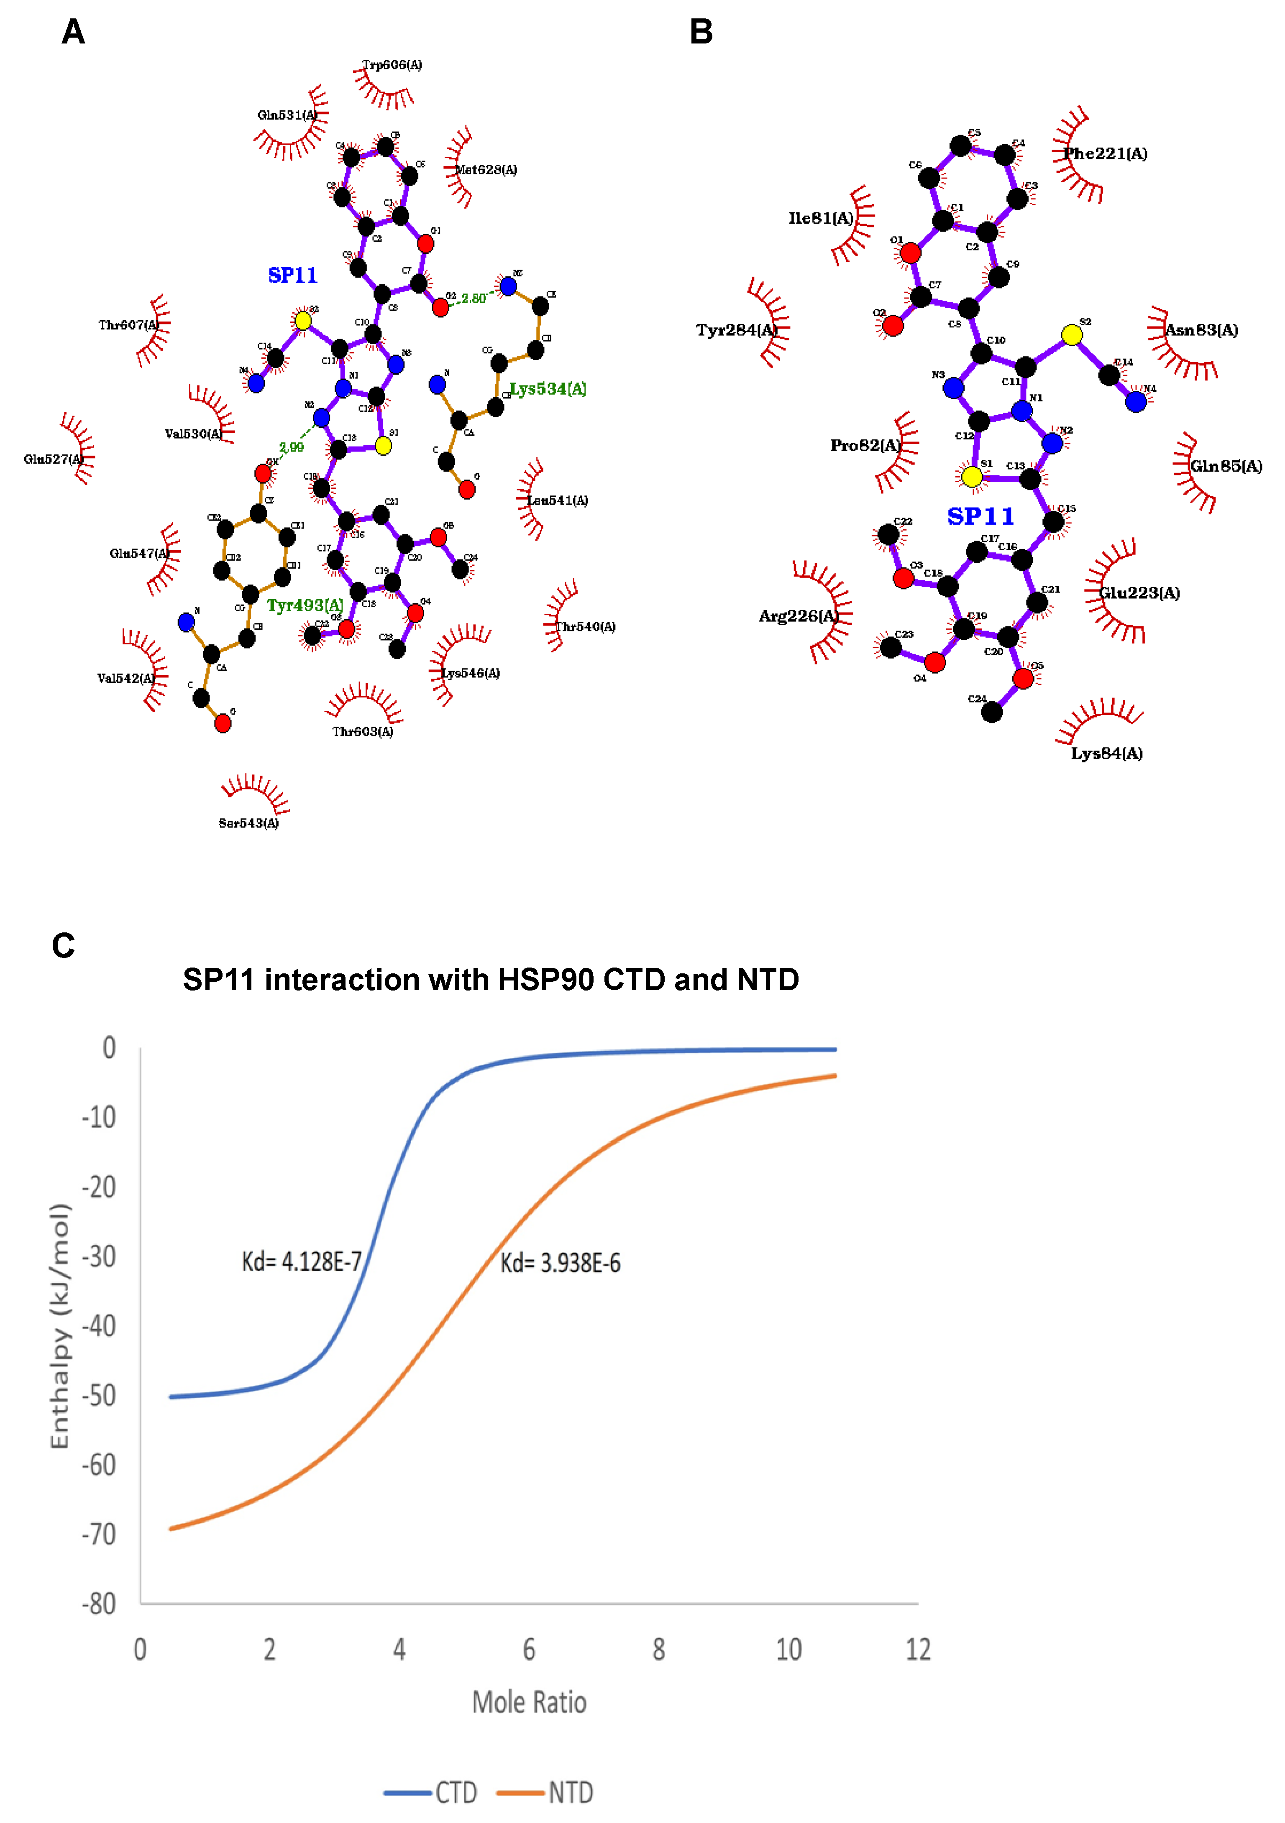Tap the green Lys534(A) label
548,389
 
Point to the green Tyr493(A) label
305,606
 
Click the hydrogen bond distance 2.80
474,299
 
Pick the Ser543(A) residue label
248,823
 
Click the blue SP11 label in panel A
292,276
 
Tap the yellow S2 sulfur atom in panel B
1071,335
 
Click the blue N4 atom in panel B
1136,402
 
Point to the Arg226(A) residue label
798,616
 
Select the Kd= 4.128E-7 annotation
302,1261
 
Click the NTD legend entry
570,1792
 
